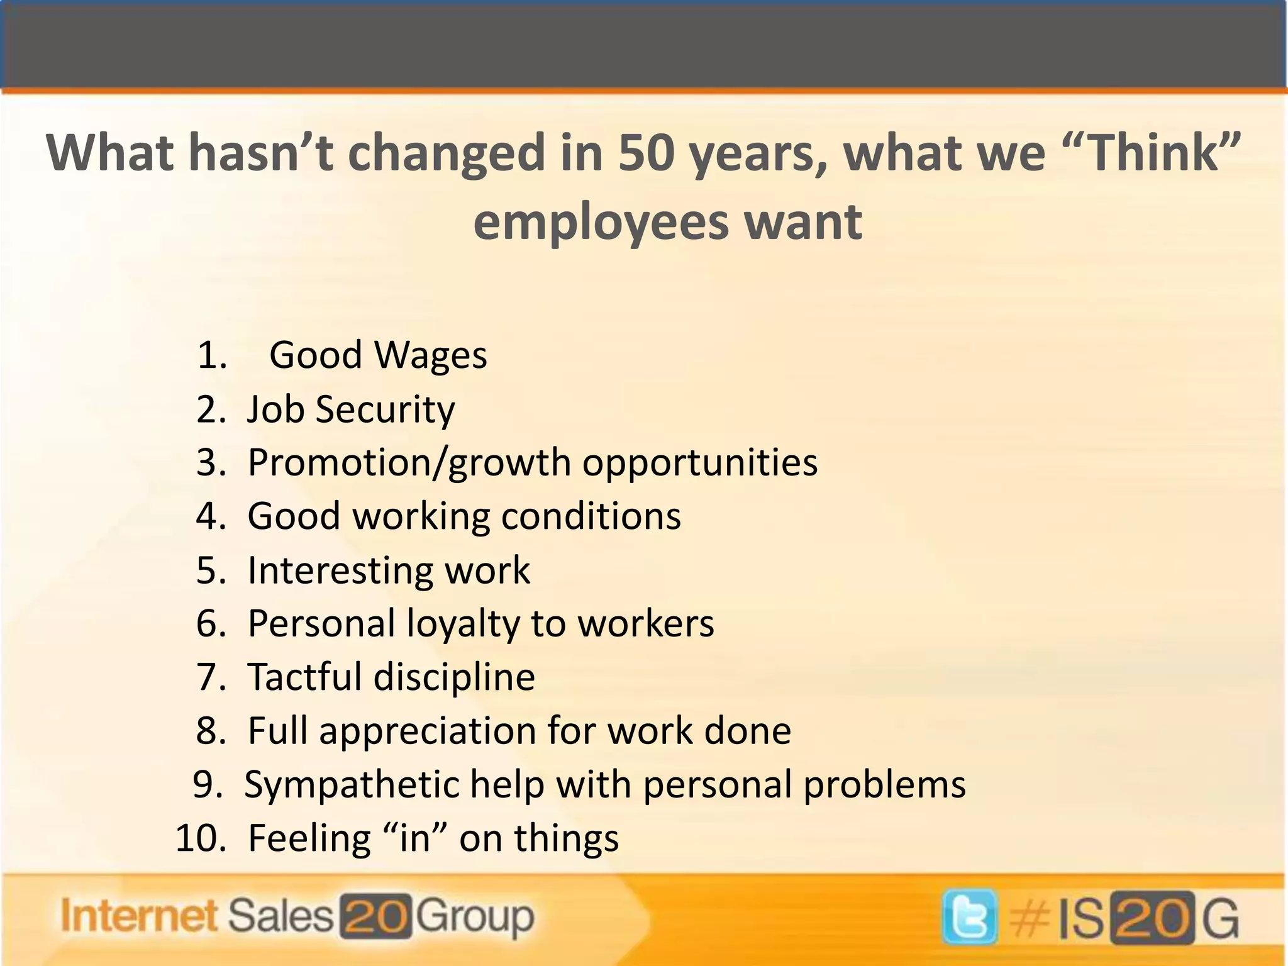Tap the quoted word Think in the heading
[1152, 153]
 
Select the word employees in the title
[599, 222]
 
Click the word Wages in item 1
[431, 355]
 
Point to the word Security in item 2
[385, 409]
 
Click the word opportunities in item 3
[700, 462]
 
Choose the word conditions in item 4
[591, 516]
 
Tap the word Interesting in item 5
[340, 570]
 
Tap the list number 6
[211, 624]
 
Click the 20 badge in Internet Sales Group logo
[376, 916]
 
